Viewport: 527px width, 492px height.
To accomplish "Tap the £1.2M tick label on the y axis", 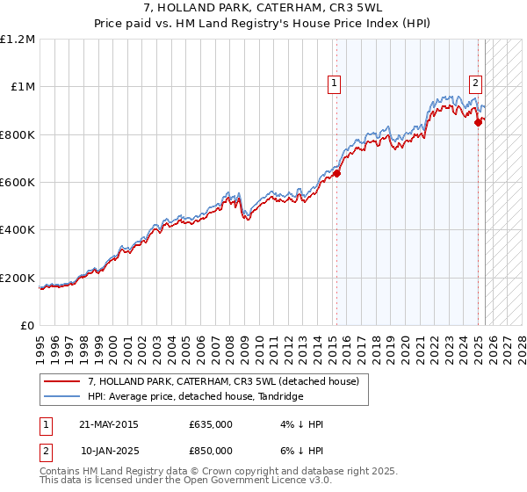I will (18, 39).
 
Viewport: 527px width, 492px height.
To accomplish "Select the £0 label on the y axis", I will (26, 325).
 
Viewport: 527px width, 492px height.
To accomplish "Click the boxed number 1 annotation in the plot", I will (335, 84).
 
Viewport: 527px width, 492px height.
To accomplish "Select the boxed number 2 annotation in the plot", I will (475, 84).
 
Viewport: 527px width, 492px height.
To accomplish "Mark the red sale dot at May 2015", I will (336, 173).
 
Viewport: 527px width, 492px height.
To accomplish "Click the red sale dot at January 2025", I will (478, 122).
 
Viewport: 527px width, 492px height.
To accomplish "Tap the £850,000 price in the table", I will (211, 451).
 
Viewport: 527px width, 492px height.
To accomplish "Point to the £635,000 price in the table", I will (211, 424).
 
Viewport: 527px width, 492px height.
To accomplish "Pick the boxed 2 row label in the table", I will (45, 451).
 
